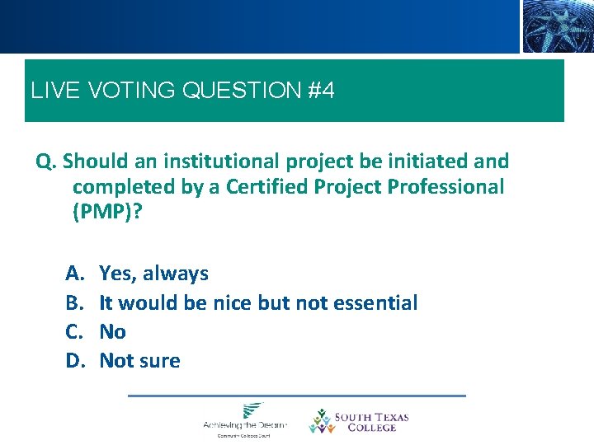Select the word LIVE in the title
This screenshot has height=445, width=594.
point(52,91)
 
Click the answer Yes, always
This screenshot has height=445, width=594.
point(153,274)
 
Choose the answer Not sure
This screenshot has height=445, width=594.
point(139,360)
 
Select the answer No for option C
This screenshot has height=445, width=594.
point(112,331)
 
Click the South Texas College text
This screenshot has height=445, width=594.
point(371,422)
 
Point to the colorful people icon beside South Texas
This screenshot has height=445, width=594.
point(320,421)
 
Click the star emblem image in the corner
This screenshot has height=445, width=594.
point(557,26)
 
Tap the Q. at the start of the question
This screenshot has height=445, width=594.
point(46,161)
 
